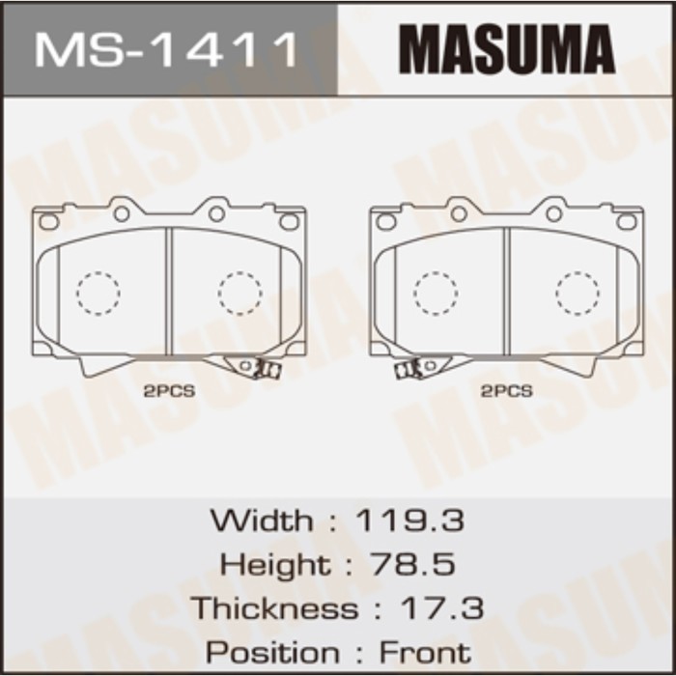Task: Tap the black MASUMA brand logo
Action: (507, 49)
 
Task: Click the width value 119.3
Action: (410, 521)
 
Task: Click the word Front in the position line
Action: (425, 652)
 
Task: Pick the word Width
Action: (262, 521)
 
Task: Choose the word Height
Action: (273, 564)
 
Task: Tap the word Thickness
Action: (273, 608)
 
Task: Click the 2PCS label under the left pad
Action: (169, 391)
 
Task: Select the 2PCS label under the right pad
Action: (507, 391)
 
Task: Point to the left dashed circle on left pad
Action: (99, 293)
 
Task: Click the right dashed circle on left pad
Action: (239, 293)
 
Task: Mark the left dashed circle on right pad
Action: (436, 293)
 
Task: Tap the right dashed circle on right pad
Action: (577, 293)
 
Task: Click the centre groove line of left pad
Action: (169, 290)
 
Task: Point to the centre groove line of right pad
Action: (506, 290)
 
